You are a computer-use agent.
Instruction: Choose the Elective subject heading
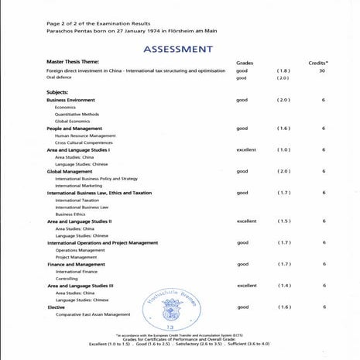[x=56, y=307]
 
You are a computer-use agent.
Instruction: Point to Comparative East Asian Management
[x=93, y=314]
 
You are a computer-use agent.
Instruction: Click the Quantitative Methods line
[x=77, y=115]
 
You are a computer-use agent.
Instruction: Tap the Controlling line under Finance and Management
[x=67, y=279]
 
